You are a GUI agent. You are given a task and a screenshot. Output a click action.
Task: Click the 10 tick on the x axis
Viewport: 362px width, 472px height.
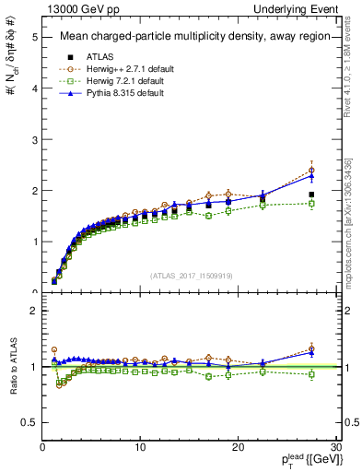140,447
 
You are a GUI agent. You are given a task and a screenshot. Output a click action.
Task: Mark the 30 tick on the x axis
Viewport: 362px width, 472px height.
335,447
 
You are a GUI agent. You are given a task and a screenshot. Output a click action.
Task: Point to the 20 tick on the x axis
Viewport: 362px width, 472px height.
238,447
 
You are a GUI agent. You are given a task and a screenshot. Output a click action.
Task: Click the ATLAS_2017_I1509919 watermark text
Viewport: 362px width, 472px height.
191,275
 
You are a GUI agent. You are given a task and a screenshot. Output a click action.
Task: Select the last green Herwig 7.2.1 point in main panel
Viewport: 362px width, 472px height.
311,203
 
